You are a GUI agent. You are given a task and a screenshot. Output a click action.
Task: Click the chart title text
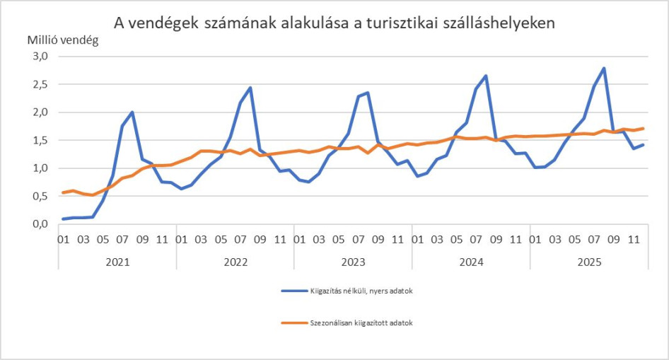[334, 23]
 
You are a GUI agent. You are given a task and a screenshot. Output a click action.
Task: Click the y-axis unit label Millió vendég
[63, 40]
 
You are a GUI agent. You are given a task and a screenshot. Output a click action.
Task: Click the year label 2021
[117, 262]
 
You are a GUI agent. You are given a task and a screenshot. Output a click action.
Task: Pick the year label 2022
[235, 262]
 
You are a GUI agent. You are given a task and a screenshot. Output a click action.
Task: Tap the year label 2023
[353, 262]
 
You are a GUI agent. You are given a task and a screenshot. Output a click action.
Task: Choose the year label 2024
[471, 262]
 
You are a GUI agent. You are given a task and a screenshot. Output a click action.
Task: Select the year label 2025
[588, 262]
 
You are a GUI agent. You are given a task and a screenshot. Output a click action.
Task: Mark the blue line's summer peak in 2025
[604, 69]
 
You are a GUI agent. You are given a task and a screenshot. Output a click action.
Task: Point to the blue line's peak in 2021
[132, 112]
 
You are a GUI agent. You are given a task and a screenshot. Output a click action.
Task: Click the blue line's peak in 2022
[250, 88]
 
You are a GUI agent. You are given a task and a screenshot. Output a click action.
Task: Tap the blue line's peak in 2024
[486, 76]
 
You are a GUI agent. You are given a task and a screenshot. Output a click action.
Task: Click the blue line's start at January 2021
[64, 219]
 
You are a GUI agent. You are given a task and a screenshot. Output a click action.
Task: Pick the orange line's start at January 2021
[64, 192]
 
